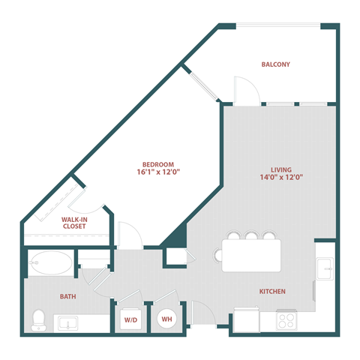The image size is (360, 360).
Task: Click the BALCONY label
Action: coord(275,64)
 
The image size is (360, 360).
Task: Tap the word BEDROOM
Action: coord(158,164)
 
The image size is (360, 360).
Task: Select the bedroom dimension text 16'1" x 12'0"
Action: coord(158,172)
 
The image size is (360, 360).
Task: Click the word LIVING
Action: coord(281,170)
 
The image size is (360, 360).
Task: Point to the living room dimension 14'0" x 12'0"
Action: coord(281,178)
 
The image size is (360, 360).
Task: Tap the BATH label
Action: coord(68,296)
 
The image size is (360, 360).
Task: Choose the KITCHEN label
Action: coord(271,291)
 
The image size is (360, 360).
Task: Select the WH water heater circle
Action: coord(165,318)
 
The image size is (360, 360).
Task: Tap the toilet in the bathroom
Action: coord(37,320)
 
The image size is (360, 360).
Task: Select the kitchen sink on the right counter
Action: coord(324,267)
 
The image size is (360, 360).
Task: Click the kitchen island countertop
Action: coord(251,255)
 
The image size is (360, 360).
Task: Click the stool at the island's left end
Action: coord(219,256)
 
